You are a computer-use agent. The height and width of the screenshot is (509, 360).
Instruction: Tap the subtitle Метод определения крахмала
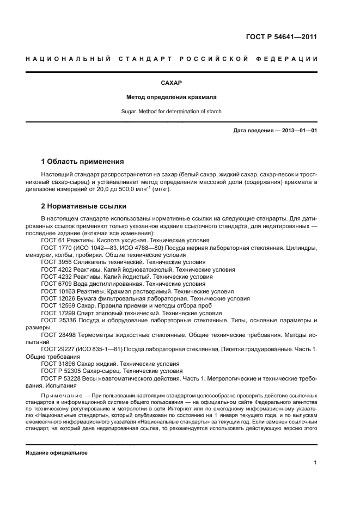click(x=172, y=97)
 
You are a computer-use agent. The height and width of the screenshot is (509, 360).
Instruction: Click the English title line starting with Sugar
click(x=172, y=112)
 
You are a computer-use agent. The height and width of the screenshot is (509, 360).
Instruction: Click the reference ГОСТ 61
click(x=53, y=241)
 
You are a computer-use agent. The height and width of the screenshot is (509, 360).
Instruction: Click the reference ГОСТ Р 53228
click(x=61, y=378)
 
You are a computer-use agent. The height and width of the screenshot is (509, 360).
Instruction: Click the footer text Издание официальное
click(x=57, y=453)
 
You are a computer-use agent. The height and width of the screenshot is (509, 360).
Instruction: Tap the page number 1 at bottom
click(x=315, y=463)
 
